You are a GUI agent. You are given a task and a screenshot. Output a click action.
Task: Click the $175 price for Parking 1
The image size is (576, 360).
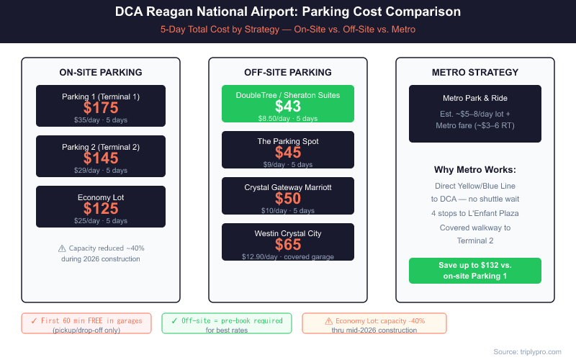pyautogui.click(x=101, y=107)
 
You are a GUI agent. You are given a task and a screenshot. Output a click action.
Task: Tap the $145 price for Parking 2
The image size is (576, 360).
pyautogui.click(x=101, y=158)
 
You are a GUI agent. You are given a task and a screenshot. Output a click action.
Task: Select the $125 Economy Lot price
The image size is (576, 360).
pyautogui.click(x=101, y=209)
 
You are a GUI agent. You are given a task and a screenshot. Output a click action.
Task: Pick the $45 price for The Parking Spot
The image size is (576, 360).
pyautogui.click(x=288, y=153)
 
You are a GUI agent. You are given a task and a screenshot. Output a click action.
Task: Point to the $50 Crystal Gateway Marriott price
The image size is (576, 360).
pyautogui.click(x=288, y=199)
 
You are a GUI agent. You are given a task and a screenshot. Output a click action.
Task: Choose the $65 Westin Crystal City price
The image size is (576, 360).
pyautogui.click(x=288, y=244)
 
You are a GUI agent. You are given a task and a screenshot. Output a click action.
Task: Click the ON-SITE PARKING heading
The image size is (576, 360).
pyautogui.click(x=101, y=73)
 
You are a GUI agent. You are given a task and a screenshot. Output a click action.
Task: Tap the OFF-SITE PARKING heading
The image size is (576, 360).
pyautogui.click(x=288, y=73)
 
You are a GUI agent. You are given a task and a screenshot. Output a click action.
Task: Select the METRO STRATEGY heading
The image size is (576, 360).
pyautogui.click(x=475, y=73)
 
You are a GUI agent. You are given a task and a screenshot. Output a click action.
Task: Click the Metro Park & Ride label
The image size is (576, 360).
pyautogui.click(x=475, y=98)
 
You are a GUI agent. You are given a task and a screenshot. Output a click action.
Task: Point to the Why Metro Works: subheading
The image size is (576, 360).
pyautogui.click(x=475, y=170)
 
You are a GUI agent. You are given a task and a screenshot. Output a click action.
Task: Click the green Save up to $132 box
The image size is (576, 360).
pyautogui.click(x=475, y=270)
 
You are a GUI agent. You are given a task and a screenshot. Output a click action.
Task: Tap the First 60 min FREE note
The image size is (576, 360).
pyautogui.click(x=86, y=320)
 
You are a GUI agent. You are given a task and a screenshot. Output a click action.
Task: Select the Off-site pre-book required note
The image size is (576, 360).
pyautogui.click(x=226, y=320)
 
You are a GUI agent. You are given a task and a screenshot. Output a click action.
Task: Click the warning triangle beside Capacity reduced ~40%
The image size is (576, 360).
pyautogui.click(x=62, y=248)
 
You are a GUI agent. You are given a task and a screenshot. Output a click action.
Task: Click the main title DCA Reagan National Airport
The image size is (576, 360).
pyautogui.click(x=288, y=13)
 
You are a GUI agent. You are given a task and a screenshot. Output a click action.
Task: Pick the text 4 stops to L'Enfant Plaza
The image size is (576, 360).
pyautogui.click(x=475, y=213)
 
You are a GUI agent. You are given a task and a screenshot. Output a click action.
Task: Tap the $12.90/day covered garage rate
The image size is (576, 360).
pyautogui.click(x=288, y=256)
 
